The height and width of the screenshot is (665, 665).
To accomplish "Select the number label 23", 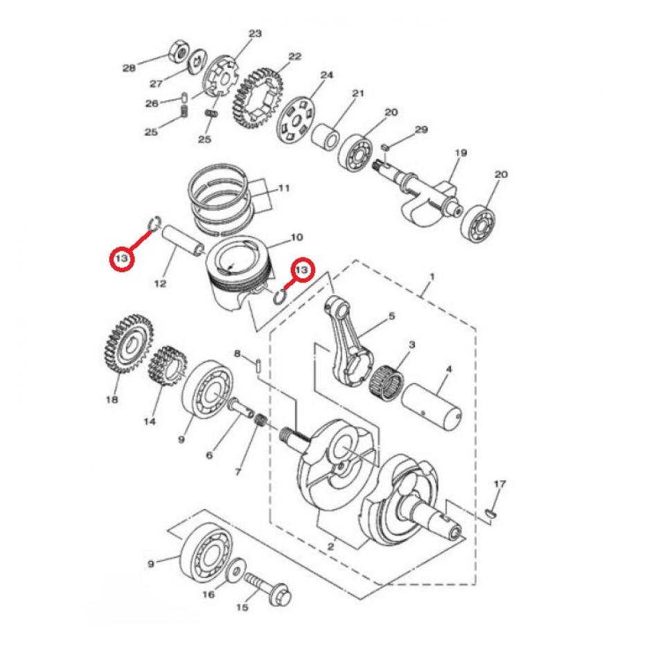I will coord(256,33).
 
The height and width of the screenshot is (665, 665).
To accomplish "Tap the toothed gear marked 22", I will coord(257,98).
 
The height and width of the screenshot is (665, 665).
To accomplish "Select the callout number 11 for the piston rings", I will coord(283,188).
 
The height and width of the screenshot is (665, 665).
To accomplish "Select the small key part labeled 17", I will coord(491,513).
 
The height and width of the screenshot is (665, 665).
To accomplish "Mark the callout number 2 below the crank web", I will coord(330,547).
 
